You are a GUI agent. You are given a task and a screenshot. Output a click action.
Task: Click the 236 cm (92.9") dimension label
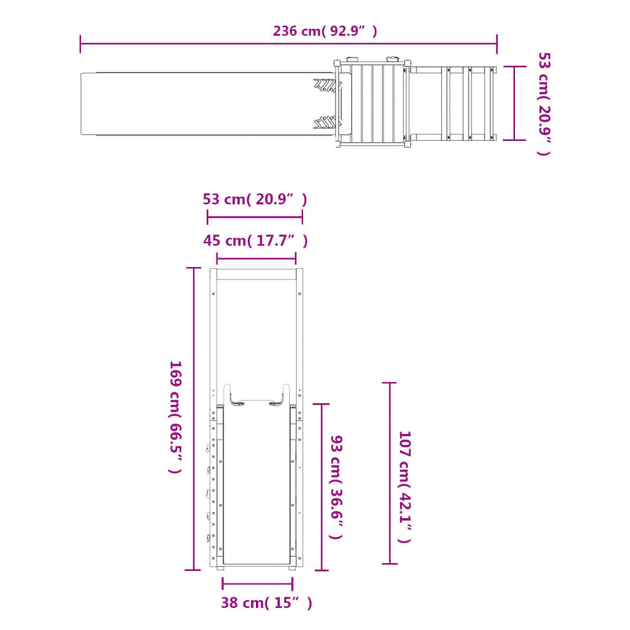coord(325,31)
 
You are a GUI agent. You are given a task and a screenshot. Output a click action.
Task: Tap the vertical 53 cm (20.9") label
coord(545,103)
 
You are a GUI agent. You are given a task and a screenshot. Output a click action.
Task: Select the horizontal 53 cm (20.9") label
coord(254,199)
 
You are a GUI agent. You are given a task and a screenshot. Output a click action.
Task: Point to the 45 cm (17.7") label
coord(255,240)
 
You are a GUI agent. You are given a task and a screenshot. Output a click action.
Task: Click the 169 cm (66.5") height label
coord(176,417)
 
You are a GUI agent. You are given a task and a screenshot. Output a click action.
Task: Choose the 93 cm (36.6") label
coord(336,487)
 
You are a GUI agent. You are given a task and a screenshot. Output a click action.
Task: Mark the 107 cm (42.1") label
coord(405,487)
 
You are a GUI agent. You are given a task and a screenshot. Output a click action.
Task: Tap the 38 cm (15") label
coord(266,602)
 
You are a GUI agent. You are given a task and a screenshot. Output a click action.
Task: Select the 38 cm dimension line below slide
coord(258,584)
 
